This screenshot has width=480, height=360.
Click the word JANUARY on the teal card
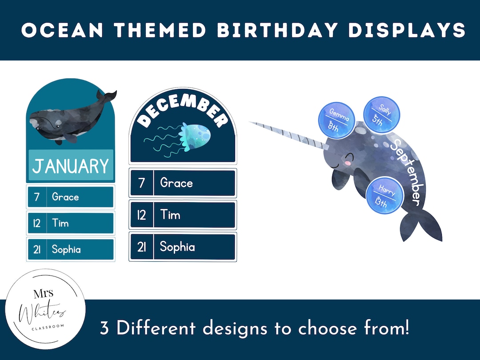[x=71, y=166]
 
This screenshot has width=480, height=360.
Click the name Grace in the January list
[x=65, y=197]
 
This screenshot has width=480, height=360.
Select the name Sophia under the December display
[x=177, y=247]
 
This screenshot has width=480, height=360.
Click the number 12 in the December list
[x=141, y=215]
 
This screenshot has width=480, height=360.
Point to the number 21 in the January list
[x=37, y=249]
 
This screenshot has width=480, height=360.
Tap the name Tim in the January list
[x=60, y=223]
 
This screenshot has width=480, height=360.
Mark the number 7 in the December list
[x=141, y=183]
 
